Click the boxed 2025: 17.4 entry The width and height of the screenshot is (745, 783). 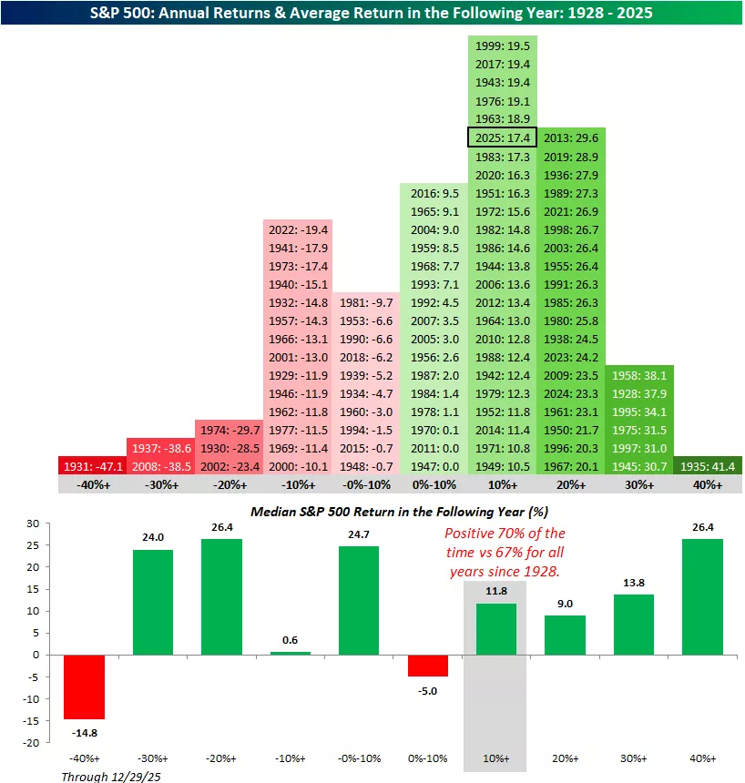tap(502, 138)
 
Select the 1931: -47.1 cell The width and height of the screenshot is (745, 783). tap(92, 466)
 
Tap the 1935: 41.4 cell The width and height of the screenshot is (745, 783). tap(709, 466)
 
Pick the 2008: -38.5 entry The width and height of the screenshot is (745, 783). tap(160, 466)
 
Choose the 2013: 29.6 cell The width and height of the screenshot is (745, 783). tap(571, 138)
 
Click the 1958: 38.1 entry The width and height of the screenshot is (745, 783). tap(639, 375)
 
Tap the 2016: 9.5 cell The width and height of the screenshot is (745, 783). tap(434, 193)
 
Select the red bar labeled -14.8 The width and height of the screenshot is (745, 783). tap(84, 686)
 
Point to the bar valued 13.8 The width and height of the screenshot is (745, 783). tap(633, 624)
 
